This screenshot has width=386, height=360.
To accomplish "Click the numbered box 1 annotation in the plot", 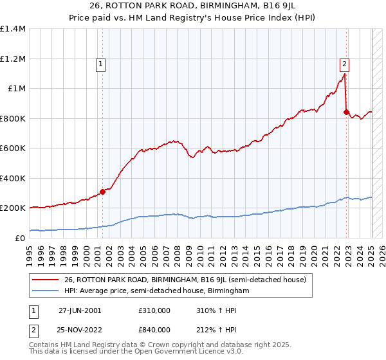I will pyautogui.click(x=102, y=64).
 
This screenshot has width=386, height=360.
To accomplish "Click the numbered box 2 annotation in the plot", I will pyautogui.click(x=345, y=64).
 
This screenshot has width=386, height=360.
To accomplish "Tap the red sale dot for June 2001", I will pyautogui.click(x=102, y=192).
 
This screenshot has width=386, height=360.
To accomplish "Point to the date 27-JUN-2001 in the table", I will pyautogui.click(x=79, y=310).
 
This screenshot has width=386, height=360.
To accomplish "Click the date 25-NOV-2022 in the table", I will pyautogui.click(x=80, y=329).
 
